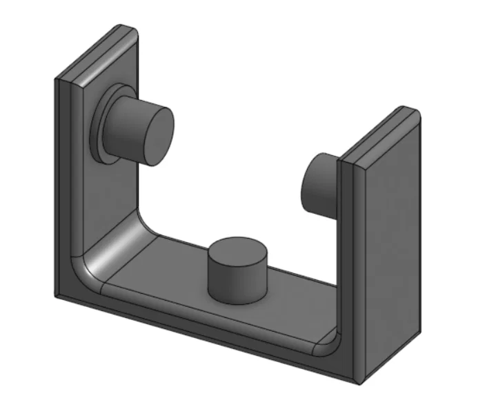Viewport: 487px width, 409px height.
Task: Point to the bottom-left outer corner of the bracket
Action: (x=57, y=295)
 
